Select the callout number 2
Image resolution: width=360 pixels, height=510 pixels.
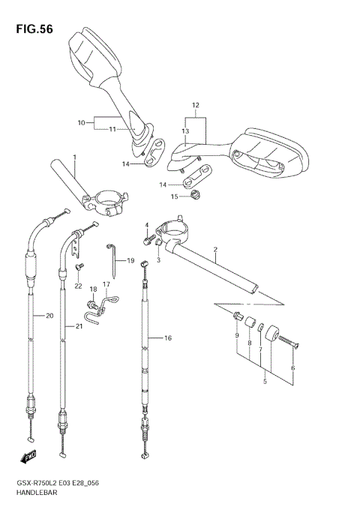click(x=215, y=250)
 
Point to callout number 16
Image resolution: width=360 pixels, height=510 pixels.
click(x=167, y=338)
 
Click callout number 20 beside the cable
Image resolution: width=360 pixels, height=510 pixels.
click(x=29, y=316)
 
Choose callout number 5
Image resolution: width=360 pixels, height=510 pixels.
click(x=263, y=382)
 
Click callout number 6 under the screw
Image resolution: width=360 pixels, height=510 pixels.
click(x=293, y=367)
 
